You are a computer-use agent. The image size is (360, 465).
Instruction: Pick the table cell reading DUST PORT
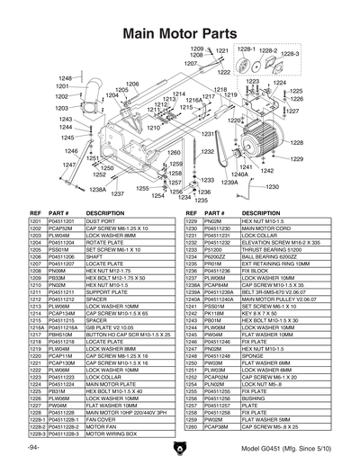click(100, 220)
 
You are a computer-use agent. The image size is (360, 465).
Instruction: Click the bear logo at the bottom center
click(180, 448)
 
